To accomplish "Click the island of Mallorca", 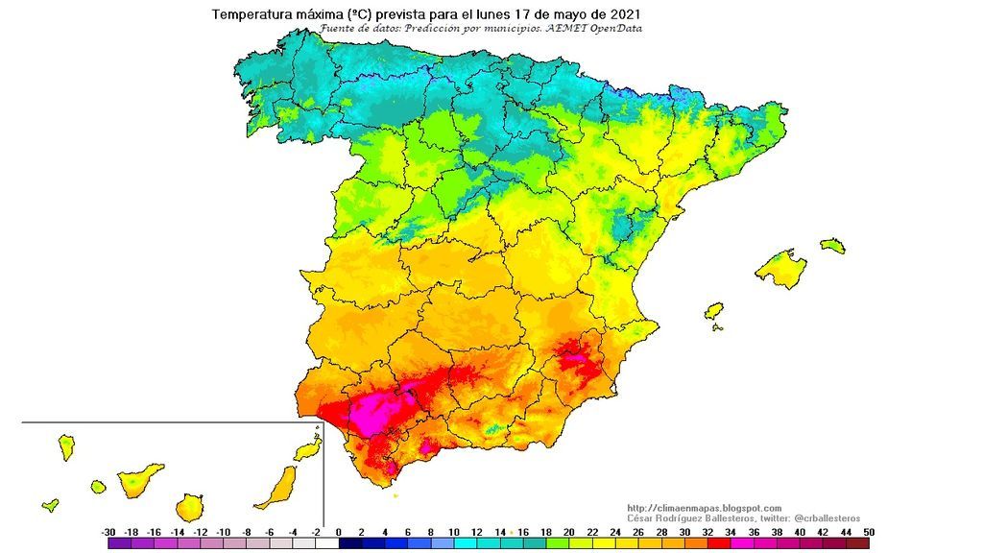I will (779, 268).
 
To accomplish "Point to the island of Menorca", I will (832, 246).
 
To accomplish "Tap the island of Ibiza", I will (713, 312).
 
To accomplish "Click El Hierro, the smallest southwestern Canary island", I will (50, 504).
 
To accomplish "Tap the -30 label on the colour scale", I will (108, 532).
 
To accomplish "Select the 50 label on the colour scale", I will (868, 532).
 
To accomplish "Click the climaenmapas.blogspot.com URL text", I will (704, 508).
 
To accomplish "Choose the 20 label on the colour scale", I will (568, 532).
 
